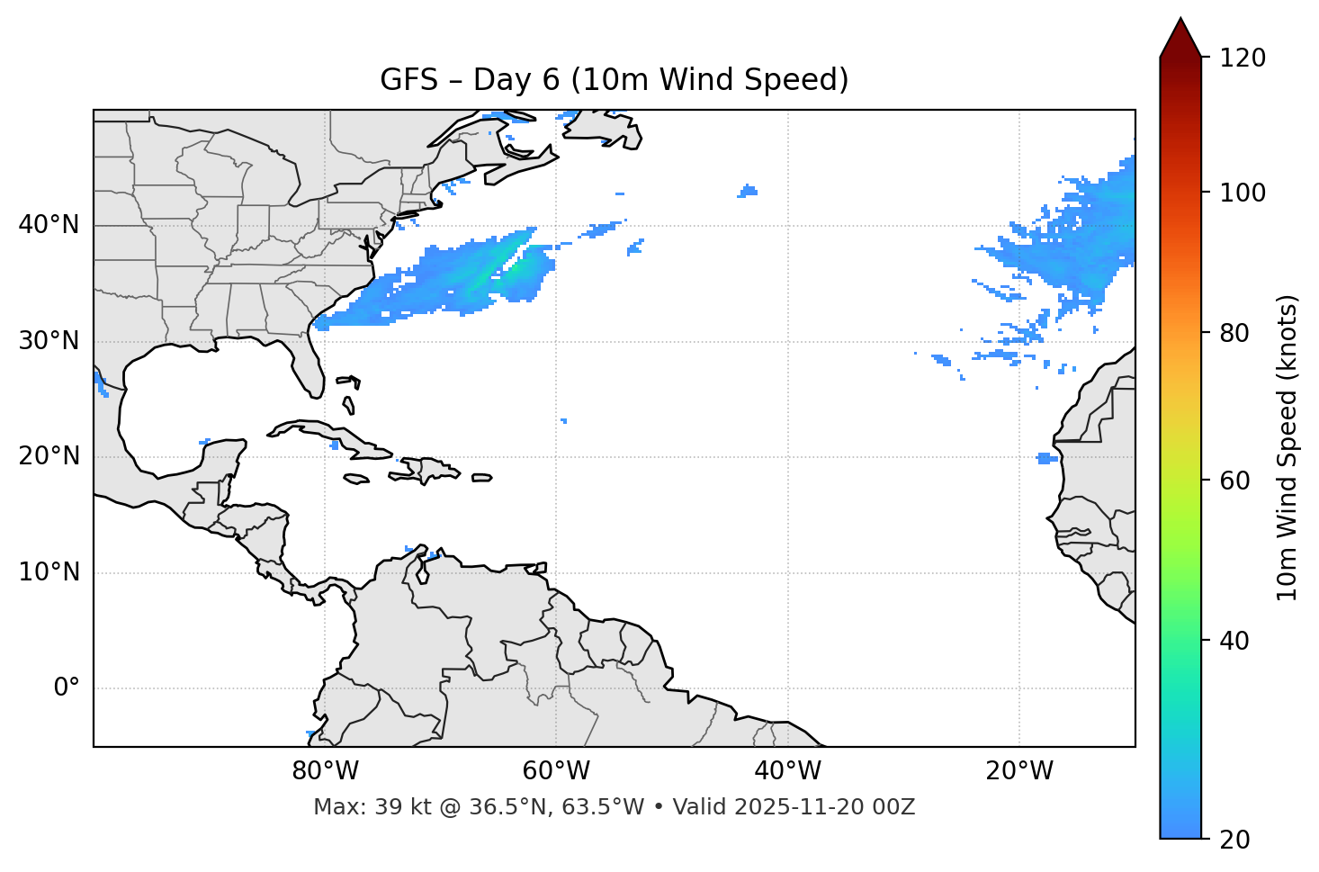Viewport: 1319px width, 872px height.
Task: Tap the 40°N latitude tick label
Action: tap(49, 225)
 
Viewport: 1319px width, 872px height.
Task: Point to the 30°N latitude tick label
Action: tap(49, 341)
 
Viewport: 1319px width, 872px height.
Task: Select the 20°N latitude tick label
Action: tap(49, 456)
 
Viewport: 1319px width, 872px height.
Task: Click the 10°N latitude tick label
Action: tap(49, 572)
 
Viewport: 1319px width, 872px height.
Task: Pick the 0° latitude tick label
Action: tap(67, 688)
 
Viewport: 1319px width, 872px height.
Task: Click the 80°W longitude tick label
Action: tap(325, 771)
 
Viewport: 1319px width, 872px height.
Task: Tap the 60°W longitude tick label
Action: tap(556, 771)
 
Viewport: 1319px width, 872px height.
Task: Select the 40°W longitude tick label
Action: tap(787, 771)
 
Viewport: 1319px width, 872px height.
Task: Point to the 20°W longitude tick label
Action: tap(1018, 771)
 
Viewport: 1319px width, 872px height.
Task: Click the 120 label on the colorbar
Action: tap(1243, 58)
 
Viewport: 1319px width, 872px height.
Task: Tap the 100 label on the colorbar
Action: tap(1243, 193)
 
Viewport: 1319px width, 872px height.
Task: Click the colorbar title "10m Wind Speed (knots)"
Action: tap(1288, 447)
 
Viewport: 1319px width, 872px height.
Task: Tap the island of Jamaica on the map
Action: tap(356, 479)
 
